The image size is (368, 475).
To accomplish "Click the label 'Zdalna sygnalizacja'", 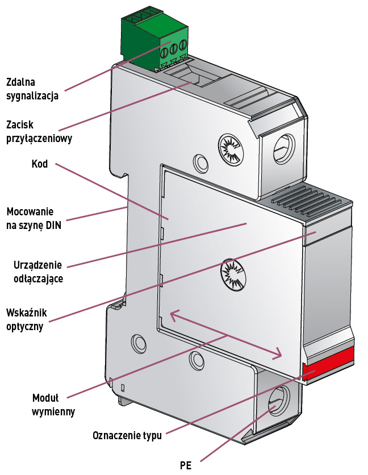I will tap(32, 88).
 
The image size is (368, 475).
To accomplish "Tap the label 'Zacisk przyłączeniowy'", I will tap(39, 130).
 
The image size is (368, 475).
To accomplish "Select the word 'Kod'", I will tap(40, 164).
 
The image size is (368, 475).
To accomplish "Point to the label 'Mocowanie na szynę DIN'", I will tap(34, 218).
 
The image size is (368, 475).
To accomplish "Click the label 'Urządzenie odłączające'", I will tap(37, 272).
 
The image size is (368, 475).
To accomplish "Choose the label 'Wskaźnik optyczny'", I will tap(27, 320).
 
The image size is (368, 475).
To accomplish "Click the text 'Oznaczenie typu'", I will tap(127, 436).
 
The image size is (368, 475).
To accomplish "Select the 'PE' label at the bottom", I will tap(186, 465).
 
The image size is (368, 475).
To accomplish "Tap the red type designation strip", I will tap(329, 364).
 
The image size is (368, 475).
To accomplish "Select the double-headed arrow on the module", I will tap(227, 335).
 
